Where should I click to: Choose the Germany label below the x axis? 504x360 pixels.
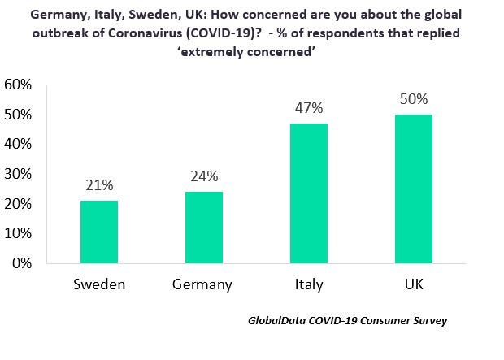click(202, 284)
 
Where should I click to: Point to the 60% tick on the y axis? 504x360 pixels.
click(19, 85)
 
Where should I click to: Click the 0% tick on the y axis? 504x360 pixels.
click(23, 263)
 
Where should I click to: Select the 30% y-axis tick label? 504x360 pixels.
click(19, 174)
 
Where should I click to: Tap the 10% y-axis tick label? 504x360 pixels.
click(19, 233)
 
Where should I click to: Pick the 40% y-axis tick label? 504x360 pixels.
click(19, 144)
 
